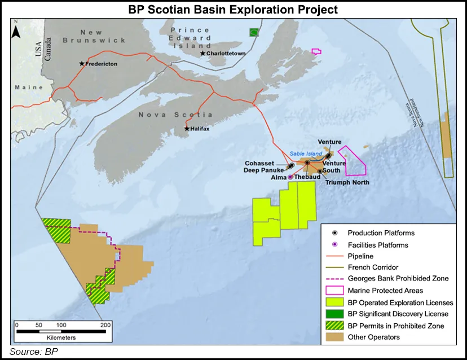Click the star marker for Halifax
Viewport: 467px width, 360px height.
[x=187, y=129]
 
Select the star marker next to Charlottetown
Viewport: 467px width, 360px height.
[x=202, y=54]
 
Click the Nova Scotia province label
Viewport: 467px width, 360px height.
[x=168, y=115]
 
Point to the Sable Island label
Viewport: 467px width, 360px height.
[x=305, y=153]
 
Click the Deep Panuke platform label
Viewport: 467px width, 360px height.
[x=263, y=169]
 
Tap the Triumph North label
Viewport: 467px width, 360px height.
[x=348, y=182]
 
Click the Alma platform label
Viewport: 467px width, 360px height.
[x=278, y=177]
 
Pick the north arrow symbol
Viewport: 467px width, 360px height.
[x=16, y=30]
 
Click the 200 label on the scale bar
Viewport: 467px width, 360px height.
[x=105, y=325]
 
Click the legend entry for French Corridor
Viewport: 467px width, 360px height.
[x=373, y=267]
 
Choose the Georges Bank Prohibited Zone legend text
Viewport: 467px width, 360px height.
[x=398, y=279]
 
